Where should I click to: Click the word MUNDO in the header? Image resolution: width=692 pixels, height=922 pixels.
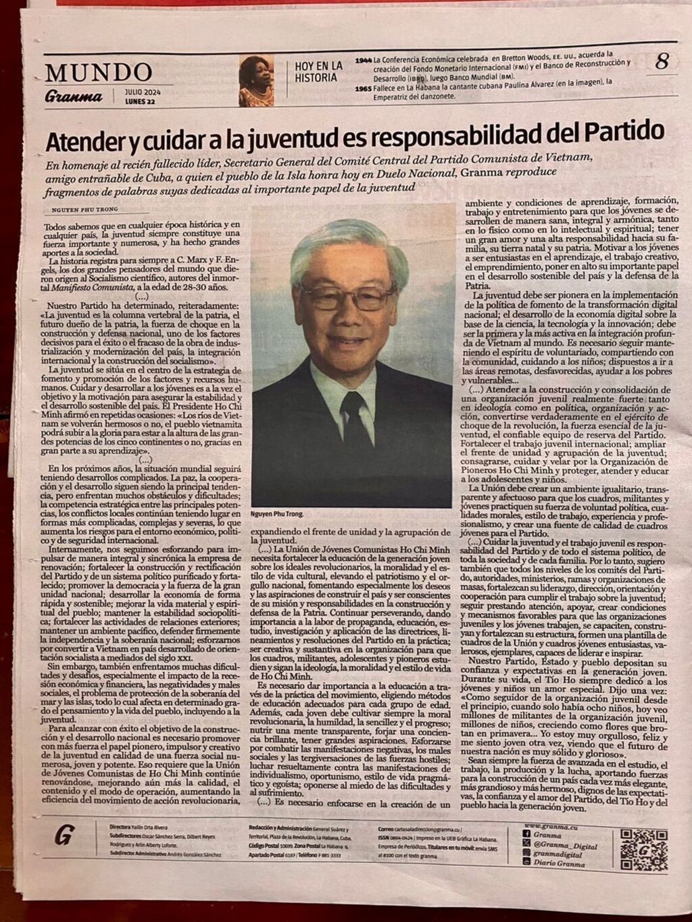(99, 72)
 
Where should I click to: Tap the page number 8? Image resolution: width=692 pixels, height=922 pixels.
(662, 63)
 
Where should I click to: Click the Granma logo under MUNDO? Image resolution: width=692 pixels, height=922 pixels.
(74, 96)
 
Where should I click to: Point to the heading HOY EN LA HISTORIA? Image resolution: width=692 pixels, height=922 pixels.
(318, 72)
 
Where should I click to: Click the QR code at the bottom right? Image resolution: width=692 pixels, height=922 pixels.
(644, 846)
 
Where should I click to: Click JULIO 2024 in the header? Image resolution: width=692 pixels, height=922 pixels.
(142, 92)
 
